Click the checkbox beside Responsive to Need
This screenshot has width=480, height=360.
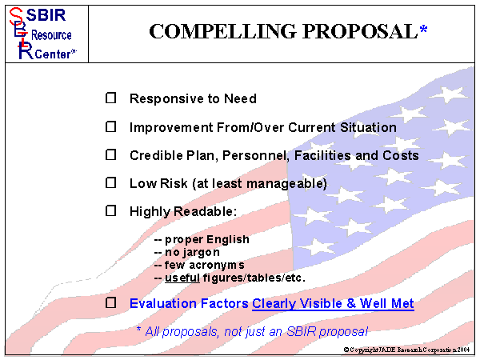pos(111,98)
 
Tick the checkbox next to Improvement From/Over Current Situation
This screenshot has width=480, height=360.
pos(111,127)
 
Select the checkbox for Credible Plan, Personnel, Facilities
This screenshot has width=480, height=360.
pos(111,155)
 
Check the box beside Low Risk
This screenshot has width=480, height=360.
pos(111,183)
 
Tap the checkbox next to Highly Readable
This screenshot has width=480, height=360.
pos(111,211)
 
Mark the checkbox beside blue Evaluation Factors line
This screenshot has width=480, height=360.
pos(111,303)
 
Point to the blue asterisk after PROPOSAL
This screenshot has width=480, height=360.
pos(423,30)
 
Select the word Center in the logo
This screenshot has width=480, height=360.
pos(50,54)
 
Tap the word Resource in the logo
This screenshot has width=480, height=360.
pos(51,35)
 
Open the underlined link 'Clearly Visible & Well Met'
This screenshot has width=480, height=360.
pos(333,304)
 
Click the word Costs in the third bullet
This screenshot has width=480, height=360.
pos(400,155)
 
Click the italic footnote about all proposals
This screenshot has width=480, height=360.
pos(252,330)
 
